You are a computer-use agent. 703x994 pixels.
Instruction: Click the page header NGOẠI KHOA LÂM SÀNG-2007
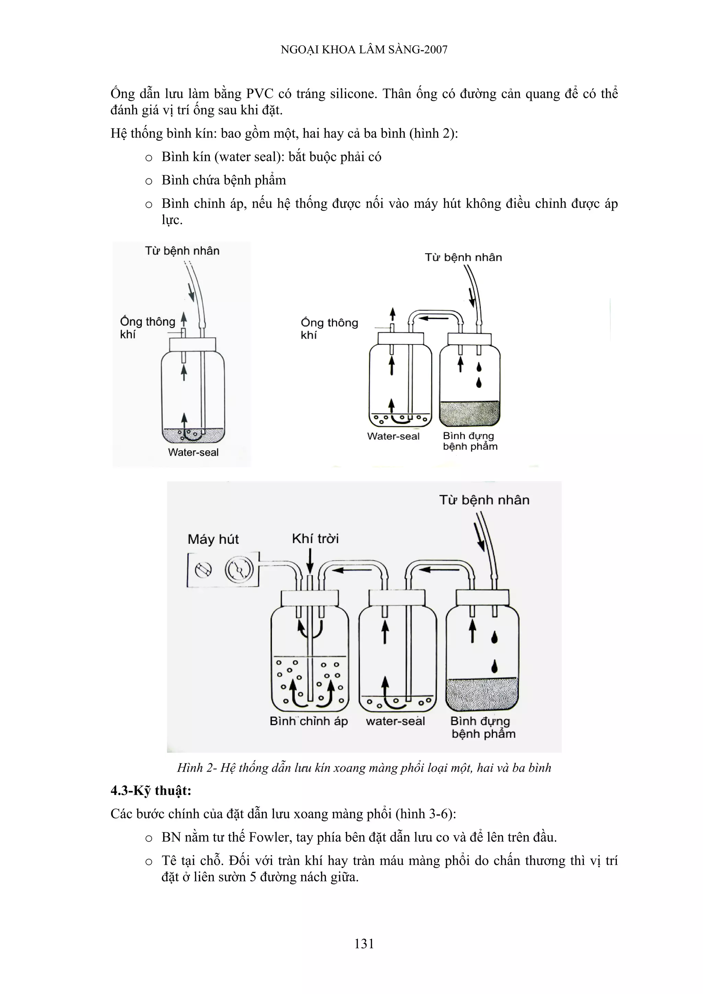[x=364, y=50]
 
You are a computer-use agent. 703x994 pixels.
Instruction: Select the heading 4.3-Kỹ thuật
[x=151, y=791]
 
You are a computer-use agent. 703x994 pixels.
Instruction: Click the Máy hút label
[x=213, y=539]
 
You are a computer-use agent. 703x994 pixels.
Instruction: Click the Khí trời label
[x=315, y=539]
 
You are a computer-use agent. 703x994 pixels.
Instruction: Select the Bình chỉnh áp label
[x=308, y=721]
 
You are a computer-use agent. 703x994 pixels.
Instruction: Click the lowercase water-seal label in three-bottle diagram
[x=395, y=721]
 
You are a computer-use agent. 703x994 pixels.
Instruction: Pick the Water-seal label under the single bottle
[x=193, y=453]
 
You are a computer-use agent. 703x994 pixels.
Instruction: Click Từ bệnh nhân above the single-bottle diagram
[x=182, y=251]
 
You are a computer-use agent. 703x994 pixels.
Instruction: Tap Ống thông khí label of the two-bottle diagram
[x=329, y=329]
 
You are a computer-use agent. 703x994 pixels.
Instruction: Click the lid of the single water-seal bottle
[x=193, y=344]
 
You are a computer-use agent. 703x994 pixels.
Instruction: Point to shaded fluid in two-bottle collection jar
[x=470, y=413]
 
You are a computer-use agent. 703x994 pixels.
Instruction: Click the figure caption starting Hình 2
[x=364, y=768]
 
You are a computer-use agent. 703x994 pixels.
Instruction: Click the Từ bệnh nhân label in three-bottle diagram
[x=484, y=500]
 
